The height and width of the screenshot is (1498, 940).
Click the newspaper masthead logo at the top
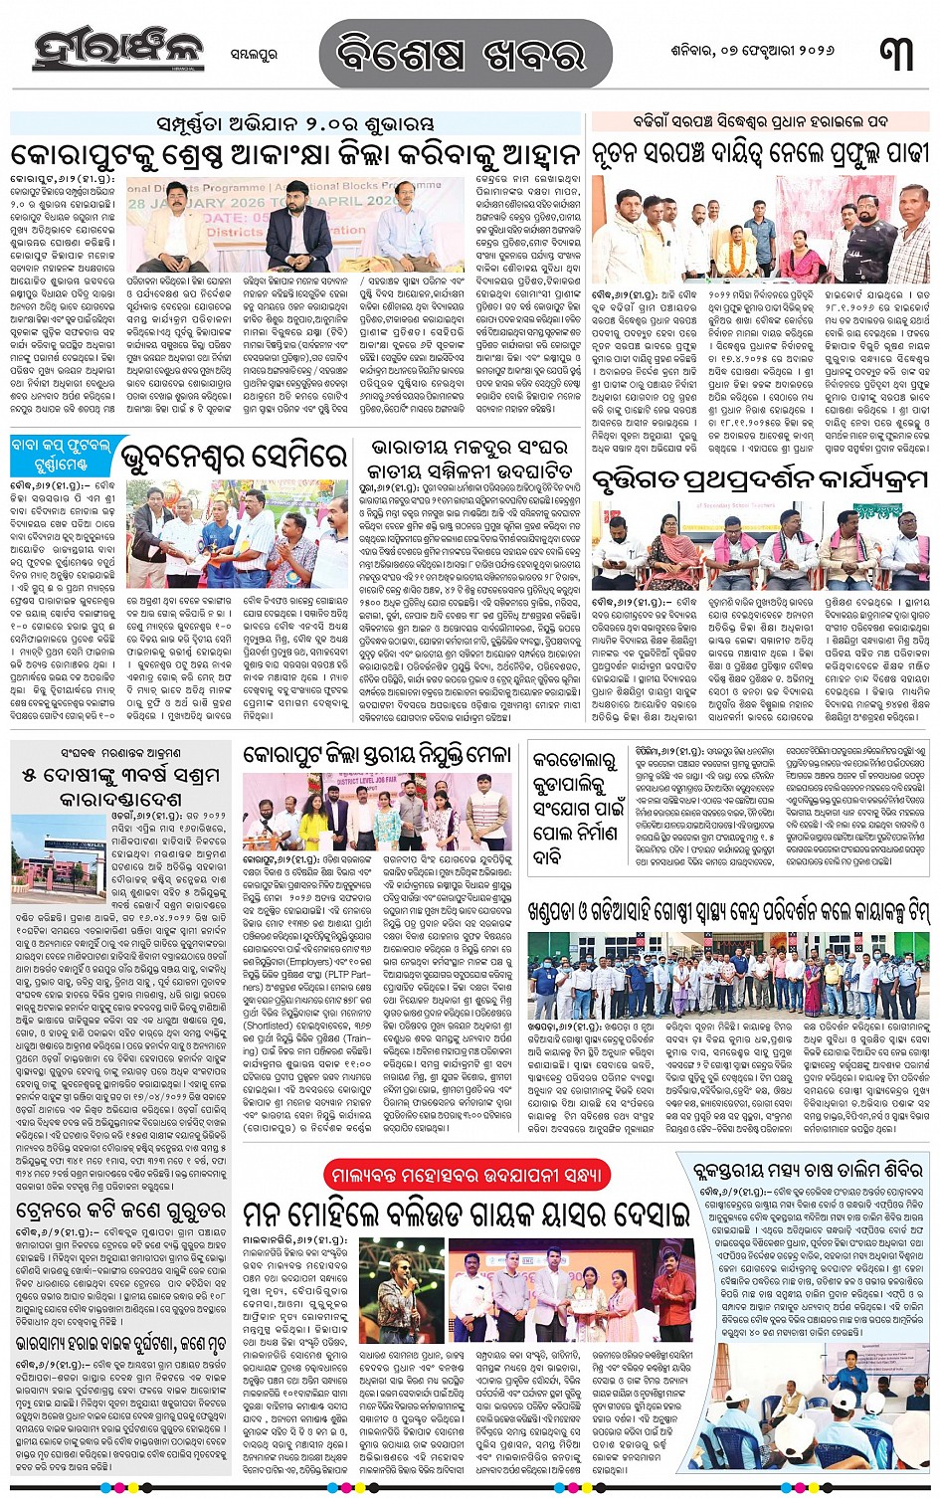[117, 51]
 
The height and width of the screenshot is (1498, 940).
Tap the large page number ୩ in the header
[896, 53]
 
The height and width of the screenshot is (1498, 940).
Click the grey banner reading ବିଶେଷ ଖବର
[465, 53]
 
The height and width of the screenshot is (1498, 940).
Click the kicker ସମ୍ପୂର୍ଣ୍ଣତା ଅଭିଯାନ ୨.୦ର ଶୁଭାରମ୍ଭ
[296, 124]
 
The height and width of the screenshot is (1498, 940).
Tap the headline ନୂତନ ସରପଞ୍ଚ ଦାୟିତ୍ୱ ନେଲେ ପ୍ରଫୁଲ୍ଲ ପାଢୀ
[760, 153]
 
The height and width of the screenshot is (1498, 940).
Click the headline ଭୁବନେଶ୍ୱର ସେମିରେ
[236, 459]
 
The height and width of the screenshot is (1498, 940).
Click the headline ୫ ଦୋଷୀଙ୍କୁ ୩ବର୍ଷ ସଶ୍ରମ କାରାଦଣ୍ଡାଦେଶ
[119, 786]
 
